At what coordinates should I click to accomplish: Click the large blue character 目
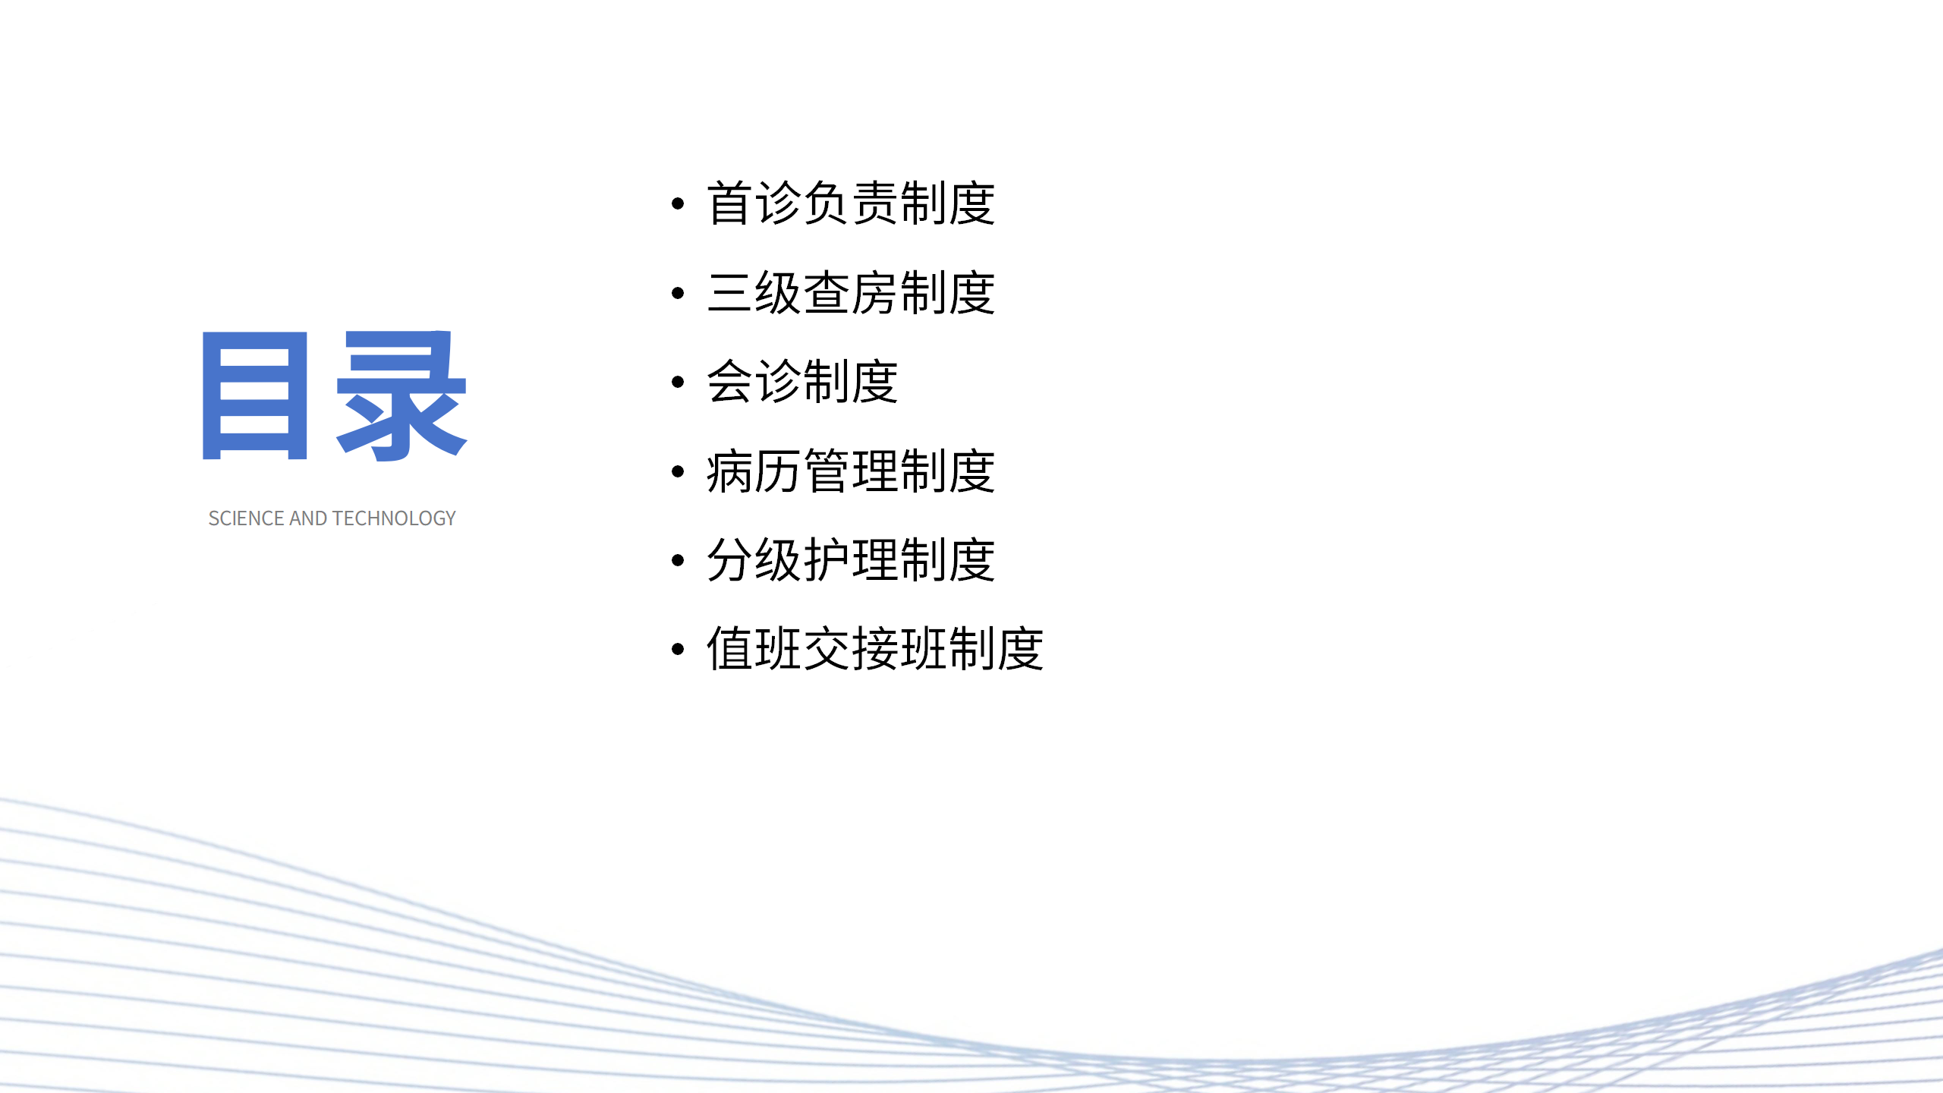255,395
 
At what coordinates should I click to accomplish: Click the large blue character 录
402,395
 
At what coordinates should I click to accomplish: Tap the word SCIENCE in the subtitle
247,518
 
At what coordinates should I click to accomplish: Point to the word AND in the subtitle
308,518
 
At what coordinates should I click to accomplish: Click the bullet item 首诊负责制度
850,203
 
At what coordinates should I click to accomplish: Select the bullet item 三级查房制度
850,293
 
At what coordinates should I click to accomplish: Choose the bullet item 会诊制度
802,382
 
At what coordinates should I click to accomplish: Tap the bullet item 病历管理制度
850,471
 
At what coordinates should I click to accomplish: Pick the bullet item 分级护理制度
850,560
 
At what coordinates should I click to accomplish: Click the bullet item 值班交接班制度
874,649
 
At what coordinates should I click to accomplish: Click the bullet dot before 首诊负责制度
678,203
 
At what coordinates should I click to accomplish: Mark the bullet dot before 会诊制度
678,382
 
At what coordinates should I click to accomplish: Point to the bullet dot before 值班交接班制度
678,649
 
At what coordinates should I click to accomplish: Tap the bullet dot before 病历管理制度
678,471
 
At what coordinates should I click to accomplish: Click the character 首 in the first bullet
730,203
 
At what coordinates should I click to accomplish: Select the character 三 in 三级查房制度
730,293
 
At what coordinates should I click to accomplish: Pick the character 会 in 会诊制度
730,382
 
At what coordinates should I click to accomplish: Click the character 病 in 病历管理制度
730,471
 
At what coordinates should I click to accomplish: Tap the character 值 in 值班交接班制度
730,649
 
